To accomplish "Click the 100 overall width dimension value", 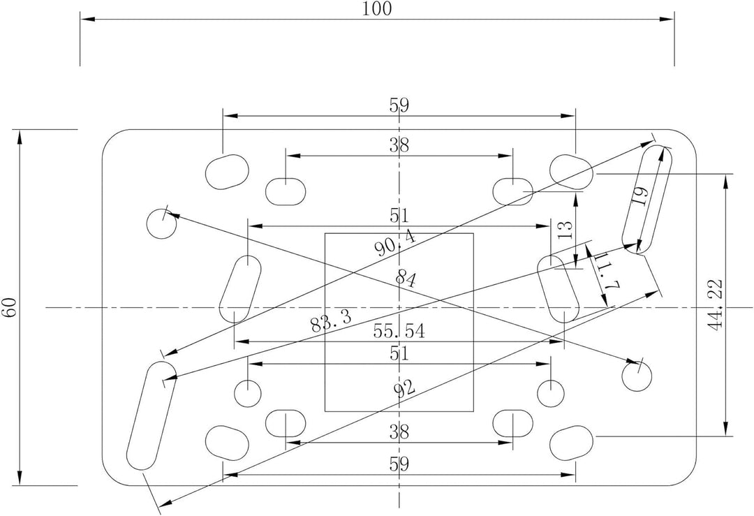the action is pos(377,8).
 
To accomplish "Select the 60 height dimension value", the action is pos(10,307).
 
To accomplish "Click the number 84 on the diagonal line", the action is pos(406,279).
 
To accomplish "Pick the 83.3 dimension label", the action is pos(331,321).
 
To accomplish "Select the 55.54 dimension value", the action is pos(399,331).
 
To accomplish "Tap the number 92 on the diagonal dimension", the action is pos(404,388).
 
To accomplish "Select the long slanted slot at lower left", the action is pos(151,415).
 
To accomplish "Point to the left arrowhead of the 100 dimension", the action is pos(87,20).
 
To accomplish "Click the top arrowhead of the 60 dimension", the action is pos(20,137).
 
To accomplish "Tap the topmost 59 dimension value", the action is pos(399,105).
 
